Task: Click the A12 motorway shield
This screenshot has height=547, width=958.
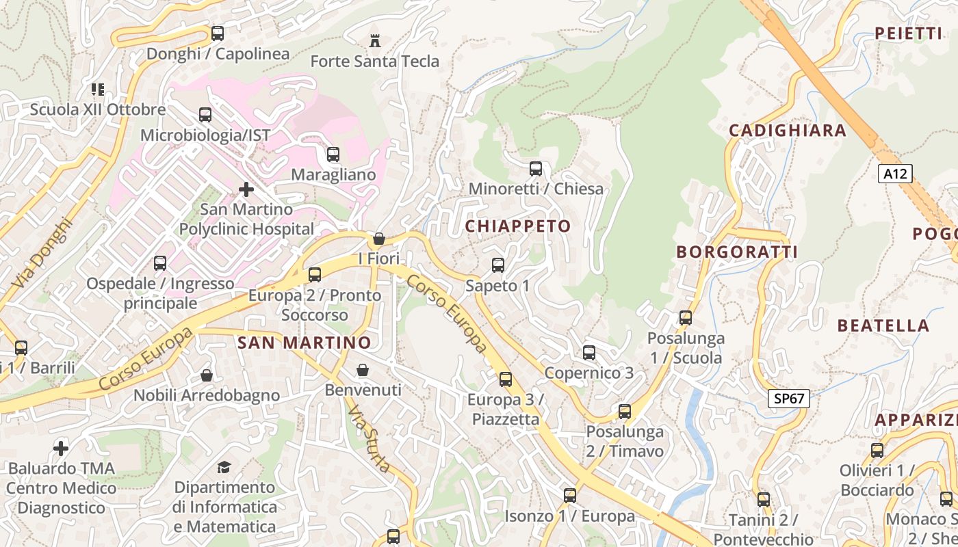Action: click(894, 174)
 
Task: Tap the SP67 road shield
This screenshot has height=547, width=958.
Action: click(788, 399)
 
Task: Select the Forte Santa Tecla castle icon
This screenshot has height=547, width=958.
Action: click(374, 41)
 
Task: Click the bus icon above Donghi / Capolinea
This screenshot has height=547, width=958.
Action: click(218, 33)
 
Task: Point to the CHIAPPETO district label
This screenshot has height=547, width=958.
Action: click(518, 226)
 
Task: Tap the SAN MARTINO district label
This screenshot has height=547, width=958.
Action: click(305, 343)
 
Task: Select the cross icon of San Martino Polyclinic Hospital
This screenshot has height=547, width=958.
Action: click(246, 189)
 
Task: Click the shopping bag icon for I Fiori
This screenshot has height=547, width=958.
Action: click(378, 239)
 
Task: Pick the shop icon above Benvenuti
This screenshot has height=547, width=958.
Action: click(363, 370)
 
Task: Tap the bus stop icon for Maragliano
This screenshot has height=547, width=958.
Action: click(333, 155)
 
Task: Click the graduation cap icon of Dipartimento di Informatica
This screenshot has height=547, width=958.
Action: click(224, 467)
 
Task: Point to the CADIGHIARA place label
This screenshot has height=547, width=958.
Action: click(787, 131)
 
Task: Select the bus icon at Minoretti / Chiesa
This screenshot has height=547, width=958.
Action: click(536, 168)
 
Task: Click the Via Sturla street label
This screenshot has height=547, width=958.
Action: click(370, 440)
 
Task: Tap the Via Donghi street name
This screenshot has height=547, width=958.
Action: click(41, 253)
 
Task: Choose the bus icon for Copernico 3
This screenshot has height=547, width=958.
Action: click(589, 353)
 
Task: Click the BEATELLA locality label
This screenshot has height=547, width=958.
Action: click(883, 325)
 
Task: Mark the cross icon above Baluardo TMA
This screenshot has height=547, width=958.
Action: click(61, 449)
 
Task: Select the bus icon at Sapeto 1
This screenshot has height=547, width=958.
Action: click(498, 265)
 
